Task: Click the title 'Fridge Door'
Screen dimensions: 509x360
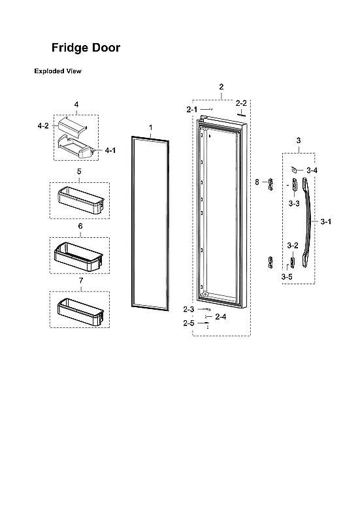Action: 86,48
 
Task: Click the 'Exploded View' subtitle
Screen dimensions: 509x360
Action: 57,71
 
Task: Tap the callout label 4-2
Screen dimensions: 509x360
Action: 42,125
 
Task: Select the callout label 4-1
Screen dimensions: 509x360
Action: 110,150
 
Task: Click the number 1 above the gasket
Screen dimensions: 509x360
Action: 150,126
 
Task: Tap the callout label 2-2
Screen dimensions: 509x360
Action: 241,103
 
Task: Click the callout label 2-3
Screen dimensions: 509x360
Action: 188,308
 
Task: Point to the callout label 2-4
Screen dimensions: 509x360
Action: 221,317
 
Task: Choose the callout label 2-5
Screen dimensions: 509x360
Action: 188,323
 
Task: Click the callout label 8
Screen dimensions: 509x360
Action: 257,181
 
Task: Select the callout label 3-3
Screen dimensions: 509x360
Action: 294,204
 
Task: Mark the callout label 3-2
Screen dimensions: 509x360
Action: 293,246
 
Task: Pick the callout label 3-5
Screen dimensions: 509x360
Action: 287,277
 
